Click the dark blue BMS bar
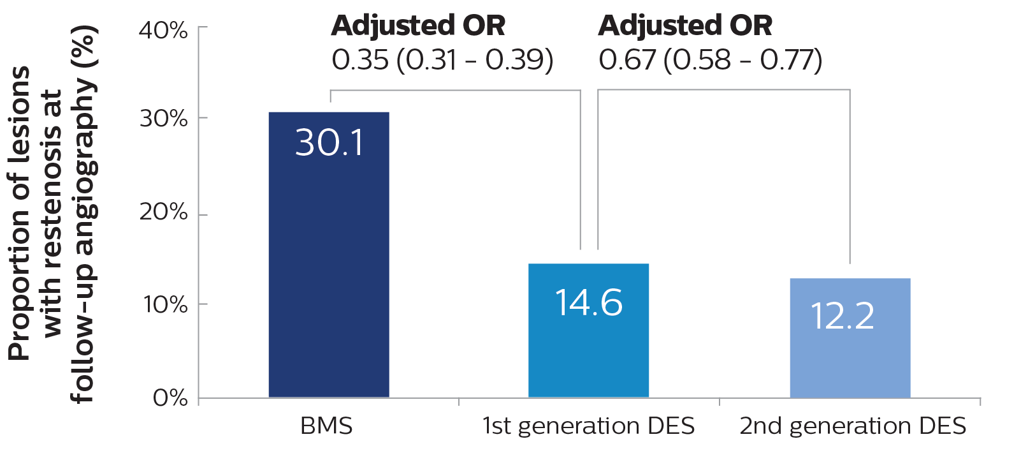click(328, 268)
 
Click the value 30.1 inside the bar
click(329, 143)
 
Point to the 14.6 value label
click(588, 302)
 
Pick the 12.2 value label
click(842, 316)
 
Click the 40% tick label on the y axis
click(164, 30)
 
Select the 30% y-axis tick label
click(164, 119)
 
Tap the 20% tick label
click(164, 212)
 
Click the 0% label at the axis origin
click(170, 398)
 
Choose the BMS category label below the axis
click(326, 426)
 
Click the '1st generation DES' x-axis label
click(588, 426)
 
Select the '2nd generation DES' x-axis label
click(853, 426)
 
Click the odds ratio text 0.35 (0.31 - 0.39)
click(442, 60)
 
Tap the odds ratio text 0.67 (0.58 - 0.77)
click(710, 60)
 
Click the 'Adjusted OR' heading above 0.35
click(418, 26)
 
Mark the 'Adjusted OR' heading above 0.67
click(685, 26)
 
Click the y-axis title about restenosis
click(52, 214)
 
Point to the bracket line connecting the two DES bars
click(723, 90)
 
